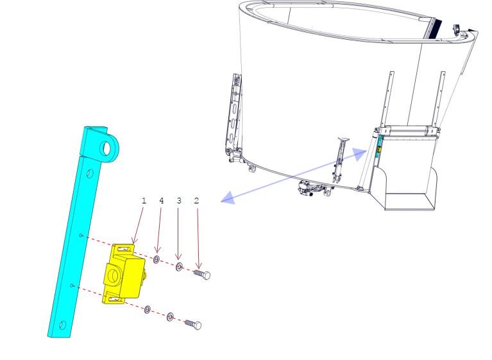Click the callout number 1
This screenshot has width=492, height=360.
tap(144, 201)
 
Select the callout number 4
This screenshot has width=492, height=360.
tap(162, 201)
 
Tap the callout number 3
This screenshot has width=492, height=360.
tap(179, 201)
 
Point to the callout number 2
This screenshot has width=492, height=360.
tap(197, 201)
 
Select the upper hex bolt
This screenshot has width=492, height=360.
tap(203, 274)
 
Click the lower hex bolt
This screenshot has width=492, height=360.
tap(193, 324)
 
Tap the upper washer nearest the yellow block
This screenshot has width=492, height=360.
tap(157, 259)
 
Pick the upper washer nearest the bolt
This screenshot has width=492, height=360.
tap(179, 267)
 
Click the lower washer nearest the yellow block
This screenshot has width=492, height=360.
tap(147, 310)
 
